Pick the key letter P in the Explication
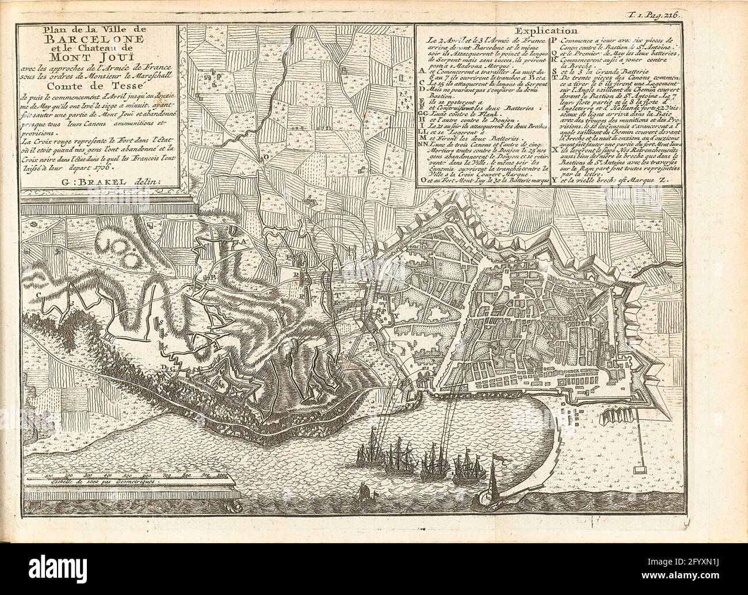[554, 41]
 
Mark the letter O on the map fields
[266, 156]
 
